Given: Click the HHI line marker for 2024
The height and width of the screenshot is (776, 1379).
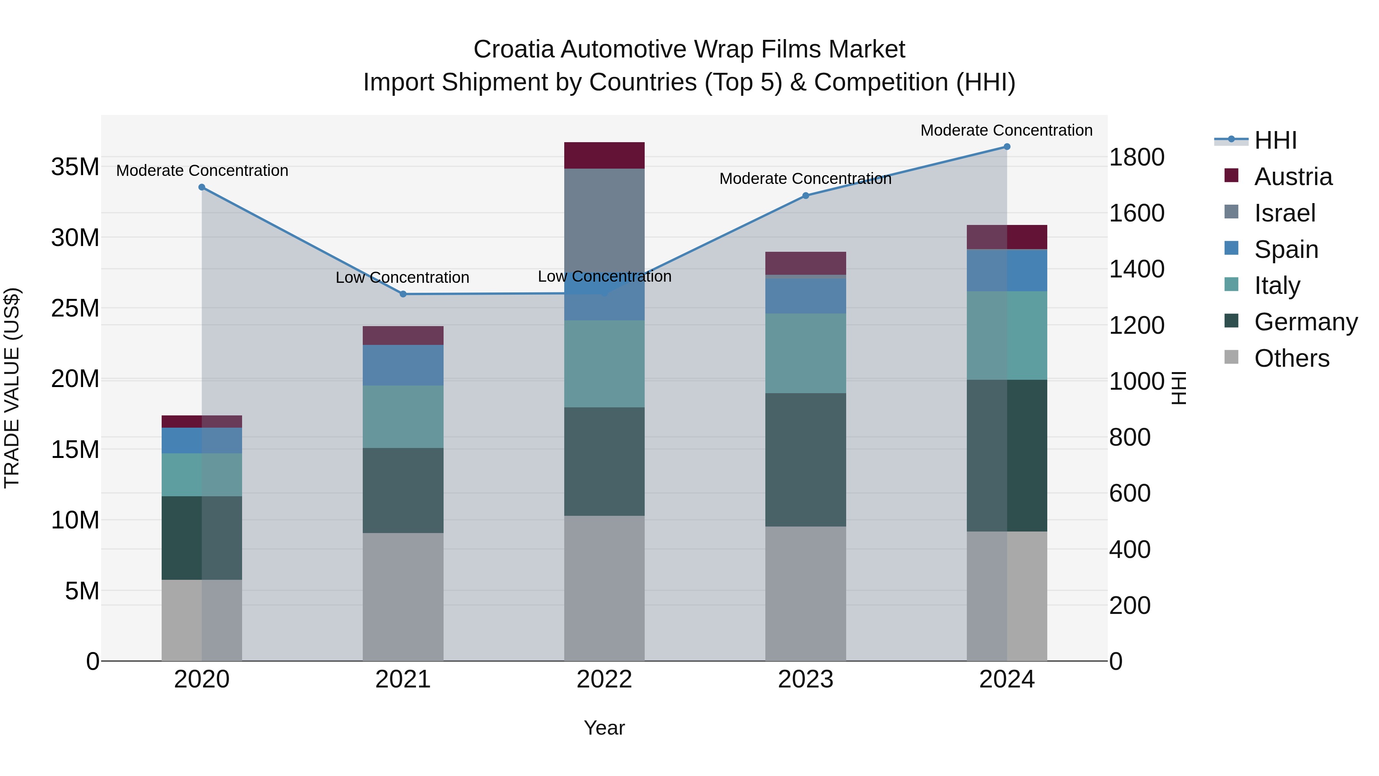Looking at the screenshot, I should pyautogui.click(x=1006, y=147).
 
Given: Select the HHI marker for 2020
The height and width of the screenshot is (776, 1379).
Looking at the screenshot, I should pyautogui.click(x=202, y=187).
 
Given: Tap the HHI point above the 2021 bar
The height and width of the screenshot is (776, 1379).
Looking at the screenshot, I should pyautogui.click(x=403, y=294).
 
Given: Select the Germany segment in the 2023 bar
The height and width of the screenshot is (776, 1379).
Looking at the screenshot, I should pyautogui.click(x=805, y=459).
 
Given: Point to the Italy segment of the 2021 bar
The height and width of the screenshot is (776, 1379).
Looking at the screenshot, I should pyautogui.click(x=403, y=417).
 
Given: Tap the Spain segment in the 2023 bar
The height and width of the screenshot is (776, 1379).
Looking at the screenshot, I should pyautogui.click(x=805, y=295).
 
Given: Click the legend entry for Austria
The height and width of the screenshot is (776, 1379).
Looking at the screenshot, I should pyautogui.click(x=1292, y=177).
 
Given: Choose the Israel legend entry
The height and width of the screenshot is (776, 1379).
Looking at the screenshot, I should pyautogui.click(x=1284, y=213).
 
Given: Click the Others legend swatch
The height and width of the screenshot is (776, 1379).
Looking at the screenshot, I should pyautogui.click(x=1231, y=357).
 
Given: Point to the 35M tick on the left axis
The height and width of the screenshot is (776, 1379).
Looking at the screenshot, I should pyautogui.click(x=75, y=167).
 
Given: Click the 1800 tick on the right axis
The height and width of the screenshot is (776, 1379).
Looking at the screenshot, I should pyautogui.click(x=1136, y=157).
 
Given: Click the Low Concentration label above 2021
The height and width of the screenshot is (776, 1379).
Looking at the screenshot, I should pyautogui.click(x=403, y=277).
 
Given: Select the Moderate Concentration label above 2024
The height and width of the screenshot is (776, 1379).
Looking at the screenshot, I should pyautogui.click(x=1006, y=130).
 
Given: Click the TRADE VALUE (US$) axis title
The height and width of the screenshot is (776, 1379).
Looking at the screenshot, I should pyautogui.click(x=12, y=388).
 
